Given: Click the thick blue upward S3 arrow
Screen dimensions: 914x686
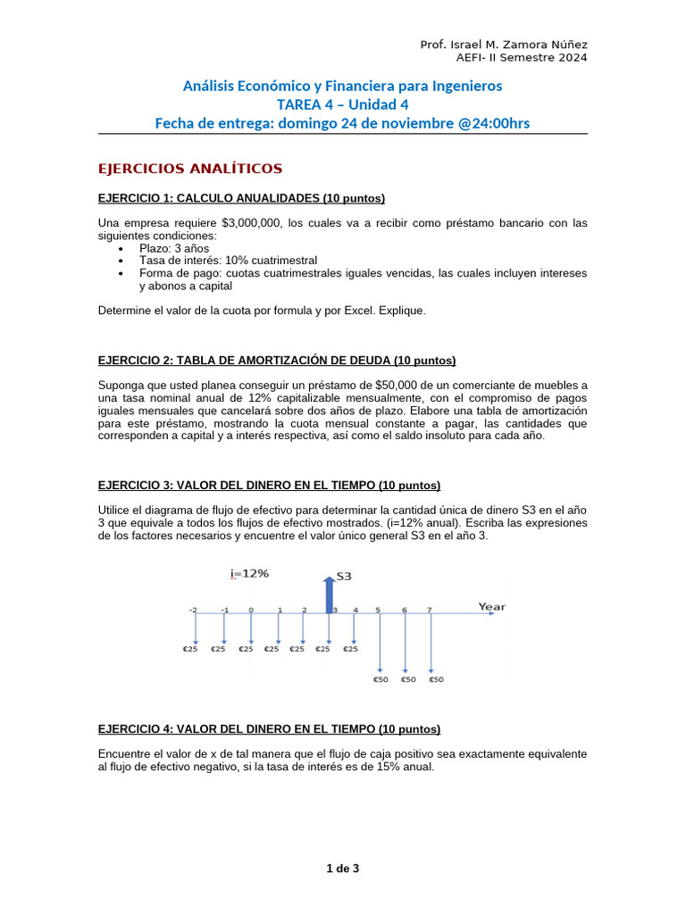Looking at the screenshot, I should pos(329,594).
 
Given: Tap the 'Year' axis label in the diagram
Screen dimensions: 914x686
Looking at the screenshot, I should pos(491,607).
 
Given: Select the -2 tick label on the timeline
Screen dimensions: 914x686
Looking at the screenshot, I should pos(192,610).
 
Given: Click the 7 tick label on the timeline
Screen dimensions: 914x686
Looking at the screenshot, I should pos(430,610).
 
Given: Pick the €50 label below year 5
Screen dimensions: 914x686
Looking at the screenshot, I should pos(381,679).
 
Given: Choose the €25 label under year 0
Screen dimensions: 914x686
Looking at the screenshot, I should pos(246,649).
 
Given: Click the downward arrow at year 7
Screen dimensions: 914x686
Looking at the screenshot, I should pos(431,643).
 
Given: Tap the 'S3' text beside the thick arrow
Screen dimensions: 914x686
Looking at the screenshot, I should pos(344,577).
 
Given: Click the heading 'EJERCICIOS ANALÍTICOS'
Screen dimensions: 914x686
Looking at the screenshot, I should pos(189,169).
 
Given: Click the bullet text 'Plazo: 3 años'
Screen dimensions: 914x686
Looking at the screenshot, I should pos(174,248).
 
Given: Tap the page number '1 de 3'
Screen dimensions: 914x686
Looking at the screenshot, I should pos(343,867).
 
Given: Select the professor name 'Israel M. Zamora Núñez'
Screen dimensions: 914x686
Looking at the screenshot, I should pos(519,45).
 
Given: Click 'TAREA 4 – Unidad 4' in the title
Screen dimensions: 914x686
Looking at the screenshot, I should pos(342,104).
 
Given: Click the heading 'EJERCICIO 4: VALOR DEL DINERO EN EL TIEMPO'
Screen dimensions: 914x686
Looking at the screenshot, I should pos(268,729).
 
